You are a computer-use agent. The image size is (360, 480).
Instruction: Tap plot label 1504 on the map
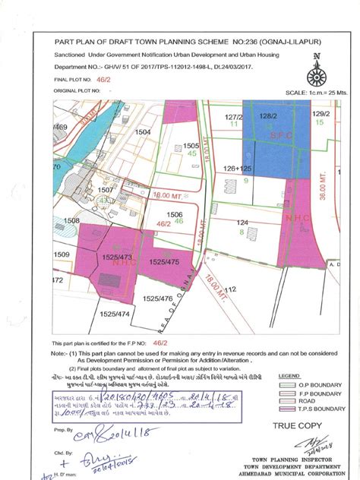click(143, 132)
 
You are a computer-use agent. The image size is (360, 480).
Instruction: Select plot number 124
click(242, 223)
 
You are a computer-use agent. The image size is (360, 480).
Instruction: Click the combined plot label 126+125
click(237, 169)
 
